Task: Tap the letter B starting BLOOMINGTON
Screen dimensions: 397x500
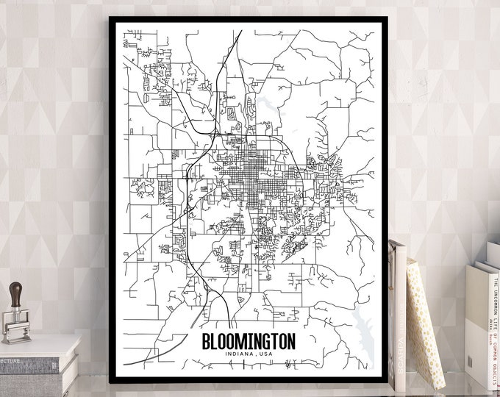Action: coord(205,342)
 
